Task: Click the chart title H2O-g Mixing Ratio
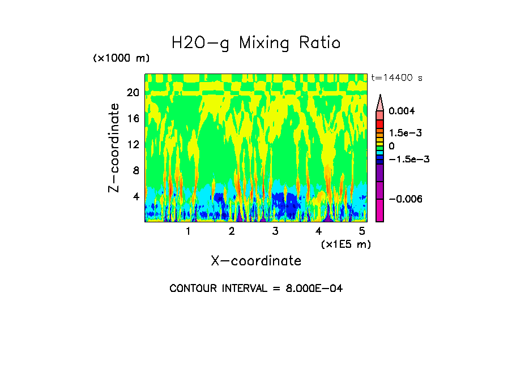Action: pyautogui.click(x=256, y=43)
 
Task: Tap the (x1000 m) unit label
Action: pyautogui.click(x=121, y=58)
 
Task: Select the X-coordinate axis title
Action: pyautogui.click(x=256, y=261)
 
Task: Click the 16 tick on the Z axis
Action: pyautogui.click(x=133, y=118)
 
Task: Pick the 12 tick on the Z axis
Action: pyautogui.click(x=133, y=144)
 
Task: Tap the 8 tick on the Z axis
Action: pyautogui.click(x=136, y=170)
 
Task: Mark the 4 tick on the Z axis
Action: pyautogui.click(x=136, y=196)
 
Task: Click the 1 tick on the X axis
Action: pyautogui.click(x=188, y=231)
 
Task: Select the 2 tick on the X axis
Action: pyautogui.click(x=232, y=231)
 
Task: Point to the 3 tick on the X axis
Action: pyautogui.click(x=275, y=231)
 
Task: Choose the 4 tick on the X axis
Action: pyautogui.click(x=319, y=231)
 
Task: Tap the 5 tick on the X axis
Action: pyautogui.click(x=362, y=231)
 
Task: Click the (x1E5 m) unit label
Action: pyautogui.click(x=346, y=244)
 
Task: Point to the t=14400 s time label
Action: pyautogui.click(x=396, y=78)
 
